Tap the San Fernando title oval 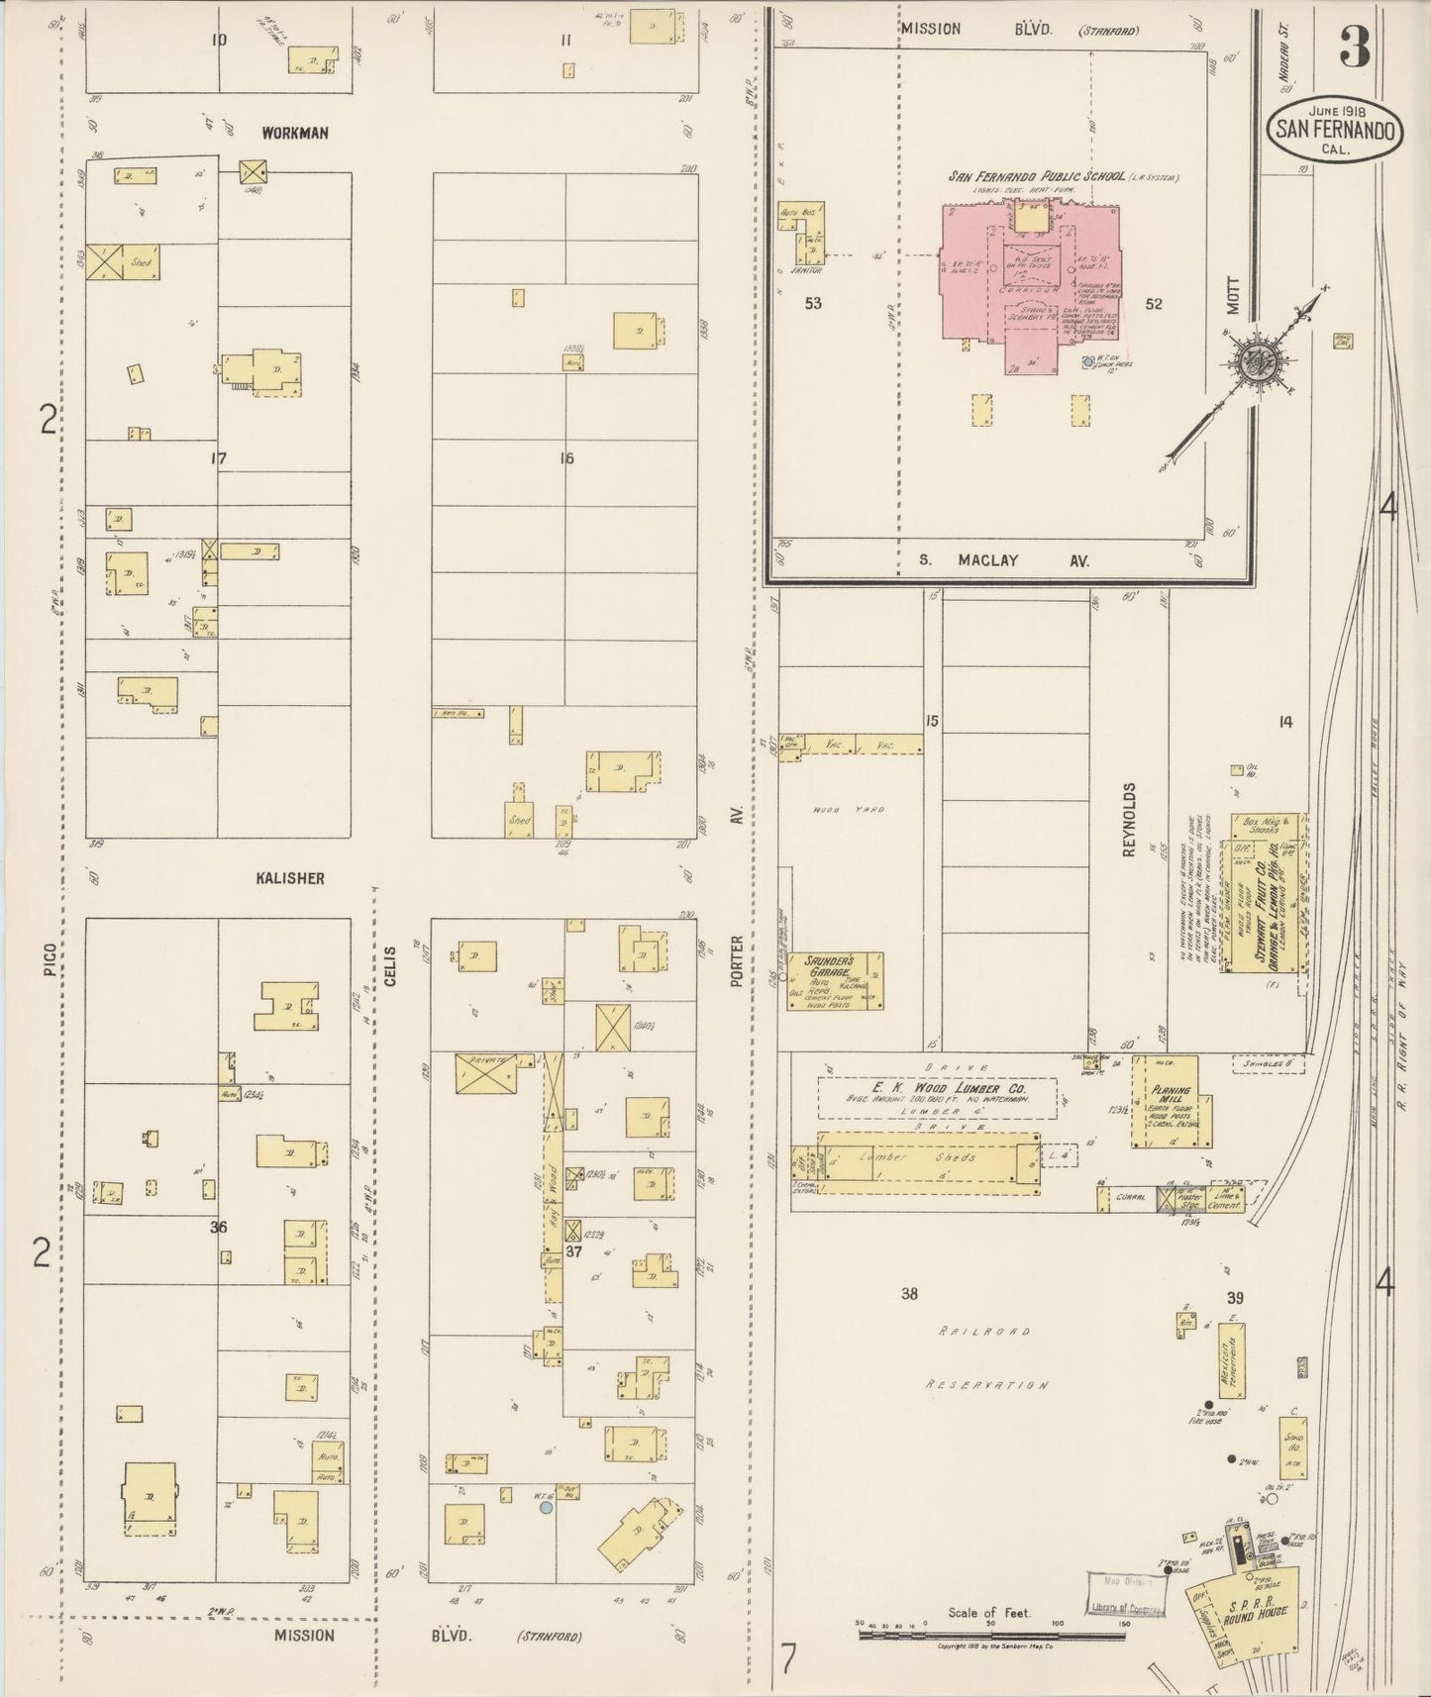(1336, 130)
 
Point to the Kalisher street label (289, 878)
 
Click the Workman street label (294, 133)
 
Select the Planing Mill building (1166, 1101)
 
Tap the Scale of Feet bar (990, 1628)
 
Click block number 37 (573, 1251)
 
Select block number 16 (566, 458)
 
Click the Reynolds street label (1128, 820)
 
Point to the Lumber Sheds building (929, 1158)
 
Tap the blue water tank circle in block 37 (545, 1508)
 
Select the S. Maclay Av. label (1003, 560)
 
